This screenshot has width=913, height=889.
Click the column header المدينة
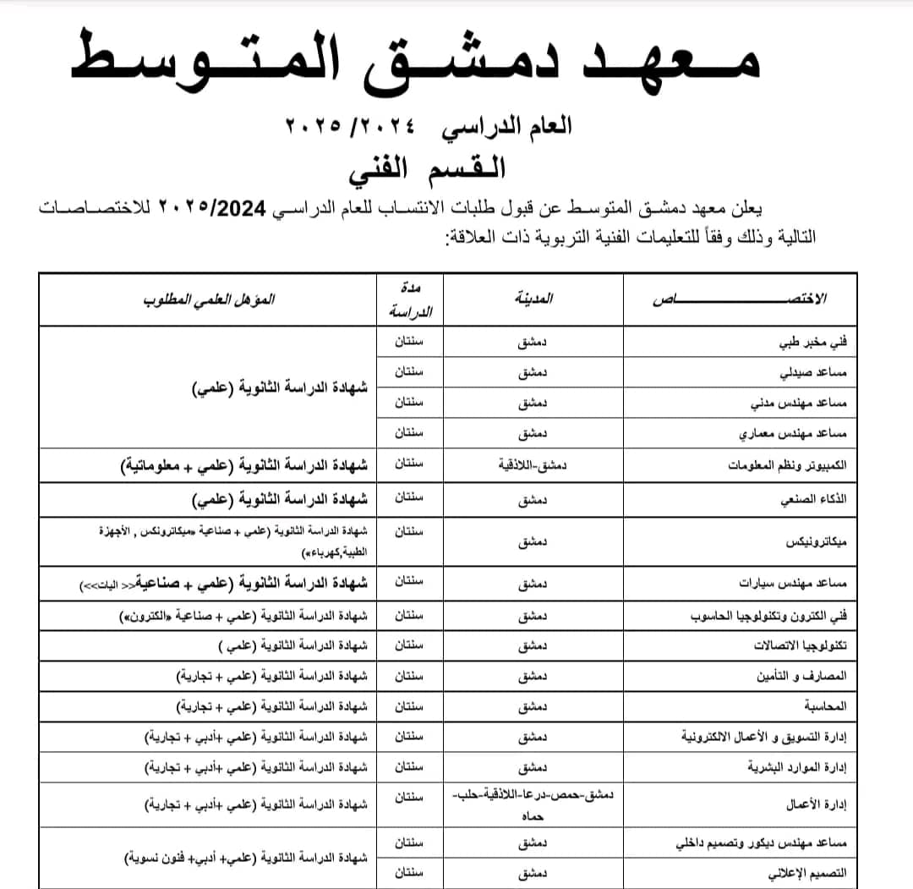tap(533, 299)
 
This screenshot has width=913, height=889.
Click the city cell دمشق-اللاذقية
tap(533, 465)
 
